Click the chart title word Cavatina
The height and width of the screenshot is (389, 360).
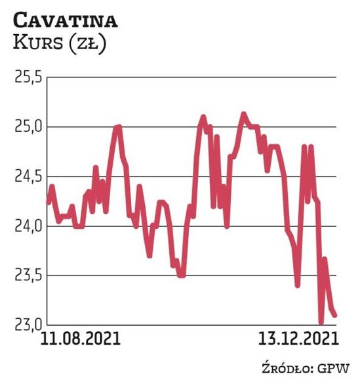pos(65,20)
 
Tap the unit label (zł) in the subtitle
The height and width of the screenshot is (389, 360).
pos(87,45)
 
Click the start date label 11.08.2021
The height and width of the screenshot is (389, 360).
pos(81,339)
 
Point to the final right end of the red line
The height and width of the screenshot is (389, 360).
pos(335,315)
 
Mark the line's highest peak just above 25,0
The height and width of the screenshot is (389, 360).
pos(243,114)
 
